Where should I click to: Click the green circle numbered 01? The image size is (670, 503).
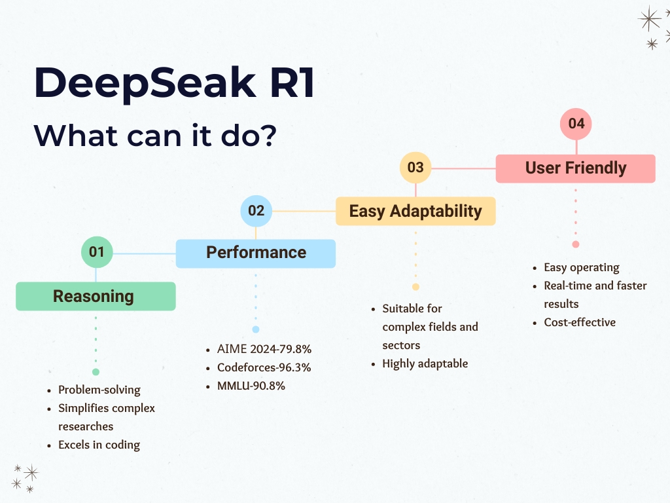point(97,252)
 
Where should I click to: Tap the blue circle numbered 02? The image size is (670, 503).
point(256,211)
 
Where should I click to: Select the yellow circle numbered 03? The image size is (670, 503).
point(415,167)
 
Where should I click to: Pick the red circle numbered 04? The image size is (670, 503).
point(576,124)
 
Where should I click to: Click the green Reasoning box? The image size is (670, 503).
point(96,296)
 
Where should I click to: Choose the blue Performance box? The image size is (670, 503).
point(256,253)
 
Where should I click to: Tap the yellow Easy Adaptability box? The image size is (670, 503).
point(415,211)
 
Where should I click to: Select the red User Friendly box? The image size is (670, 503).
point(576,168)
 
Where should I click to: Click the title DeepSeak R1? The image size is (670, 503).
point(174,83)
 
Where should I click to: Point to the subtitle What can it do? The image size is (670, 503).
point(155,136)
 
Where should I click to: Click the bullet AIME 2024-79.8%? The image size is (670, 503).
point(264,349)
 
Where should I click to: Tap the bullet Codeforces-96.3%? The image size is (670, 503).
point(264,367)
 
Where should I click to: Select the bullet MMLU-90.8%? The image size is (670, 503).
point(251,386)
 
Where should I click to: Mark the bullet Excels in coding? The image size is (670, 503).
point(99,445)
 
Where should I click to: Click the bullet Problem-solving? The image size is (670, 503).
point(99,390)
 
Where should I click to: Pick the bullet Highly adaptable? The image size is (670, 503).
point(425,364)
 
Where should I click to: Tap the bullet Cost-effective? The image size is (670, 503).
point(580,322)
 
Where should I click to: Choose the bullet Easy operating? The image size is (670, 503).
point(582,268)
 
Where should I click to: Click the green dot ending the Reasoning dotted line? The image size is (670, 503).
point(96,372)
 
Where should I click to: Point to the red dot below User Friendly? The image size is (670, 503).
point(576,244)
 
